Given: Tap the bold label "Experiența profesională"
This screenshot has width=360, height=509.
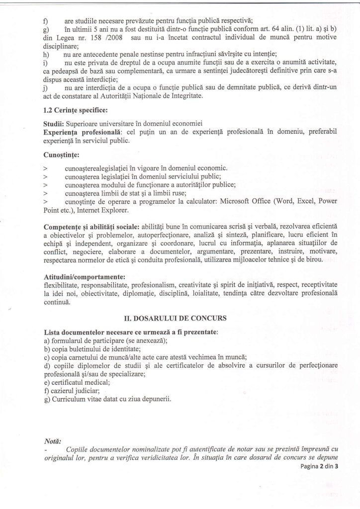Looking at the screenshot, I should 83,132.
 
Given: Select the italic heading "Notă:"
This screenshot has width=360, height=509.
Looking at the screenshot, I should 52,440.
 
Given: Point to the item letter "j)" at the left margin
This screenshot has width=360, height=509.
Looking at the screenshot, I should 47,88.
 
